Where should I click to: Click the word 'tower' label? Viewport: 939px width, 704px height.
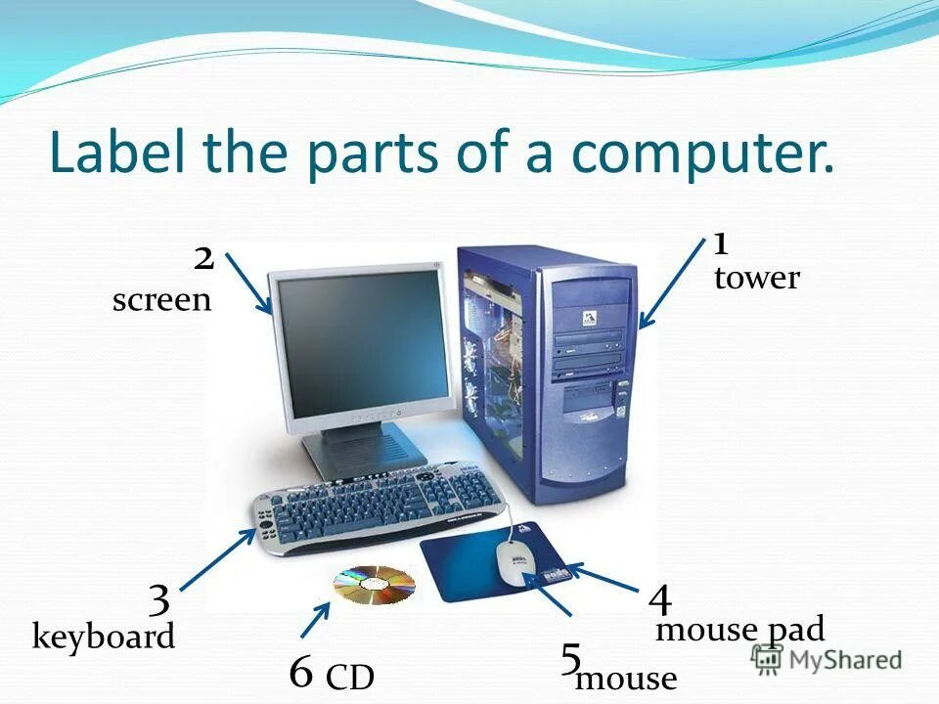click(756, 279)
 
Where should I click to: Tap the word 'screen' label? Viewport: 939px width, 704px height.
click(161, 300)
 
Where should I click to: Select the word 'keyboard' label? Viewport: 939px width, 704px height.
click(104, 638)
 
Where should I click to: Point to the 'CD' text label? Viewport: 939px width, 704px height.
click(349, 678)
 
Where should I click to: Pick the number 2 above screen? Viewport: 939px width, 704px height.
click(203, 259)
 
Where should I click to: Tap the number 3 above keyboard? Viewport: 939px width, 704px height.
click(159, 598)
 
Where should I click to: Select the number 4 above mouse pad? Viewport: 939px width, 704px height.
click(659, 598)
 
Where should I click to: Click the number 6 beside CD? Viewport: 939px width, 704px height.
click(301, 672)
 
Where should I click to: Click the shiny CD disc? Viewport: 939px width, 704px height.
click(374, 584)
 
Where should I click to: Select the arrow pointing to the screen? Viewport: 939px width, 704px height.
click(248, 283)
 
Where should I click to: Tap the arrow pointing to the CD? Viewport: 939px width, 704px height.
click(315, 619)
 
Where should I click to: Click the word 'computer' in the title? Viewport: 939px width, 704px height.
click(703, 154)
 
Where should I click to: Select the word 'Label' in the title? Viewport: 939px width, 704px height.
click(118, 154)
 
